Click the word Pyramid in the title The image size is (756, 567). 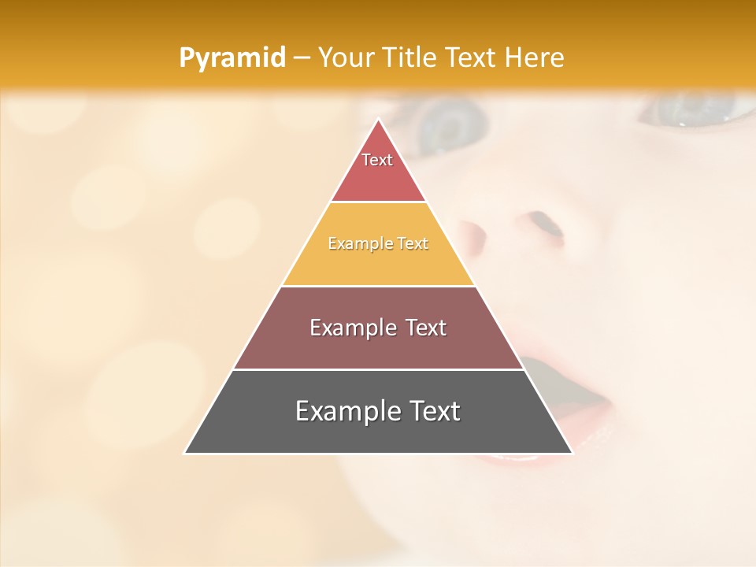[232, 58]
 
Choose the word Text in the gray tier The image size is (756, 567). [430, 411]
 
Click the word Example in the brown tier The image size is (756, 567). [351, 328]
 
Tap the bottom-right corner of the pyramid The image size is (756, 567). [571, 453]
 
